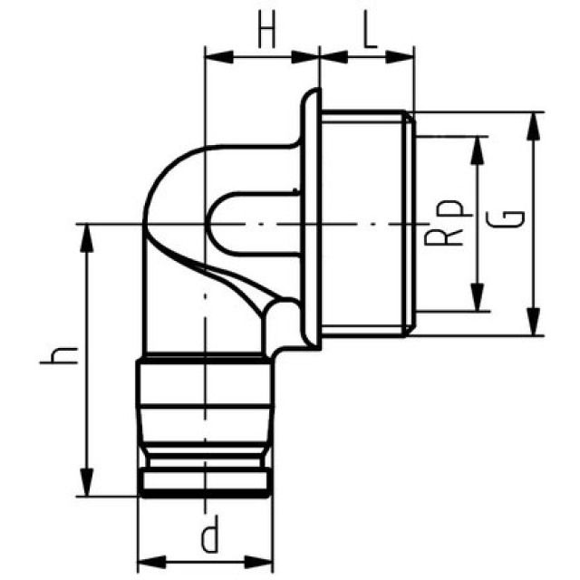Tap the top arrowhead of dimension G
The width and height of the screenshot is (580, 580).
534,121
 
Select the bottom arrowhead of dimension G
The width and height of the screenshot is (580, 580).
534,326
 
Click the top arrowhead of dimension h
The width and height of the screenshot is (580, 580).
87,233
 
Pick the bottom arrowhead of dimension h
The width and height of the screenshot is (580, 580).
87,487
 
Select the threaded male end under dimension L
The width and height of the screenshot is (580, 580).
367,222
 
